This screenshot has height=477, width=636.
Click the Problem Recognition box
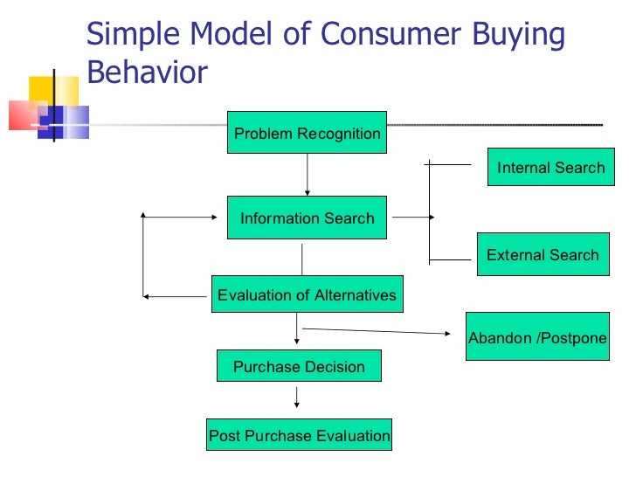(x=307, y=134)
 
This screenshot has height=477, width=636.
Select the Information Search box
(x=307, y=218)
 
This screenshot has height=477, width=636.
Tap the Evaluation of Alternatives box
(x=307, y=295)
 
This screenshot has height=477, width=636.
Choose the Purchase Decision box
(x=299, y=367)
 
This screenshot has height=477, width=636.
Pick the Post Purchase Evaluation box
(x=299, y=435)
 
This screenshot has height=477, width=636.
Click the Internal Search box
(x=550, y=168)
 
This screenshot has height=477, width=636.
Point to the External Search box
(x=543, y=255)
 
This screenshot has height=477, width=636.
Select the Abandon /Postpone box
(x=537, y=338)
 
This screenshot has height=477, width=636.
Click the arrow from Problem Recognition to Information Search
(x=307, y=176)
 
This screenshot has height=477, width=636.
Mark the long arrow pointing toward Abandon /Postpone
(x=376, y=330)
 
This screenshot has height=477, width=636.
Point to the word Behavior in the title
(x=148, y=73)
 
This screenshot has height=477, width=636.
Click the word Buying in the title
(x=516, y=35)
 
